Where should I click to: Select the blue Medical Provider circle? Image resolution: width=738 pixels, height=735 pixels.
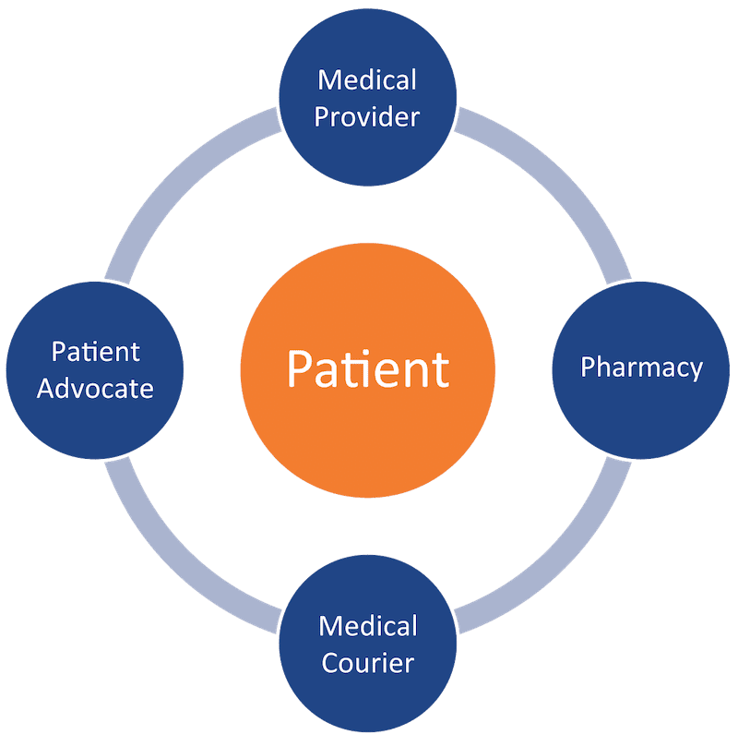(368, 97)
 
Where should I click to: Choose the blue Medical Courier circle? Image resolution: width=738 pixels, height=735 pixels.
(368, 644)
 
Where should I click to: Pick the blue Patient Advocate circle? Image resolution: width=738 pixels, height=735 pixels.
(95, 369)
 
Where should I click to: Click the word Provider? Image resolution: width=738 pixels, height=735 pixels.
(368, 117)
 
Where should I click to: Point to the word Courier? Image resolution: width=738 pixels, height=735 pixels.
(367, 663)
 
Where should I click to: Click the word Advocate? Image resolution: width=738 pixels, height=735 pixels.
(95, 388)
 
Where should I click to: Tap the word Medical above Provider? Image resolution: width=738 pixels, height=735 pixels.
(367, 79)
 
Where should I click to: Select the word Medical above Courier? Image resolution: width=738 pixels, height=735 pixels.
(368, 626)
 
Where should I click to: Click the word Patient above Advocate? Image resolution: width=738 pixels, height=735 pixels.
(96, 352)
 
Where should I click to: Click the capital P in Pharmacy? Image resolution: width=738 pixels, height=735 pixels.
(588, 367)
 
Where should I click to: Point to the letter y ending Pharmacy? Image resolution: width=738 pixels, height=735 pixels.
(695, 370)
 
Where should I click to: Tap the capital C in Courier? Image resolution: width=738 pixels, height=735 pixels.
(329, 663)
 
